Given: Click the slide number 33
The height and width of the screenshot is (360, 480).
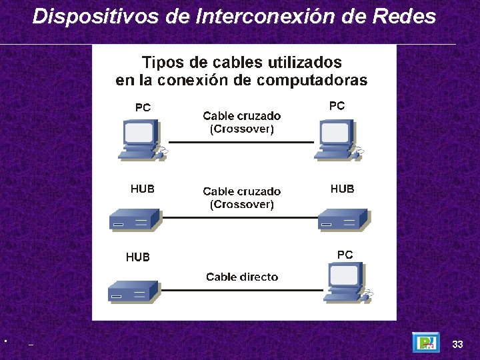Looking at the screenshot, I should pyautogui.click(x=457, y=344).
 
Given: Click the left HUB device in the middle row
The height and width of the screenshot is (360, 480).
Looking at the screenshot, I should pyautogui.click(x=135, y=219).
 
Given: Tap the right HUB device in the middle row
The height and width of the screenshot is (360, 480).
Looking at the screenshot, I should pyautogui.click(x=343, y=219).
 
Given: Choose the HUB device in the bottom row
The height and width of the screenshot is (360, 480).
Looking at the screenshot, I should pyautogui.click(x=133, y=291).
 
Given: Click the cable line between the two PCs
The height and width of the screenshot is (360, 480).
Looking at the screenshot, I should pyautogui.click(x=241, y=143).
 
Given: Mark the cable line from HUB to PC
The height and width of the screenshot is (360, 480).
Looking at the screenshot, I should pyautogui.click(x=241, y=290).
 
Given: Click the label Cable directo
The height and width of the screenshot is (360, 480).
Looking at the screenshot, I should pyautogui.click(x=242, y=277).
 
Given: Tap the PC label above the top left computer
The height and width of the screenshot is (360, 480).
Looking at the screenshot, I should pyautogui.click(x=143, y=107).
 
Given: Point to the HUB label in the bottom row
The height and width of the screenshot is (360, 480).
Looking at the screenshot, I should pyautogui.click(x=138, y=257).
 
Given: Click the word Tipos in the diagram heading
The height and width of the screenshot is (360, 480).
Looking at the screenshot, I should pyautogui.click(x=165, y=63).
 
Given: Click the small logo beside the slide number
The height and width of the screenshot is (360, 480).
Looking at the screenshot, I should pyautogui.click(x=425, y=343).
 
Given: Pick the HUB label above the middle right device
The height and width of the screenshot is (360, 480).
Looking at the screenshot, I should pyautogui.click(x=342, y=189).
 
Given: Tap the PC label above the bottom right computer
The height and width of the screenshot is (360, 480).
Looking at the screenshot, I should pyautogui.click(x=345, y=255).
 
